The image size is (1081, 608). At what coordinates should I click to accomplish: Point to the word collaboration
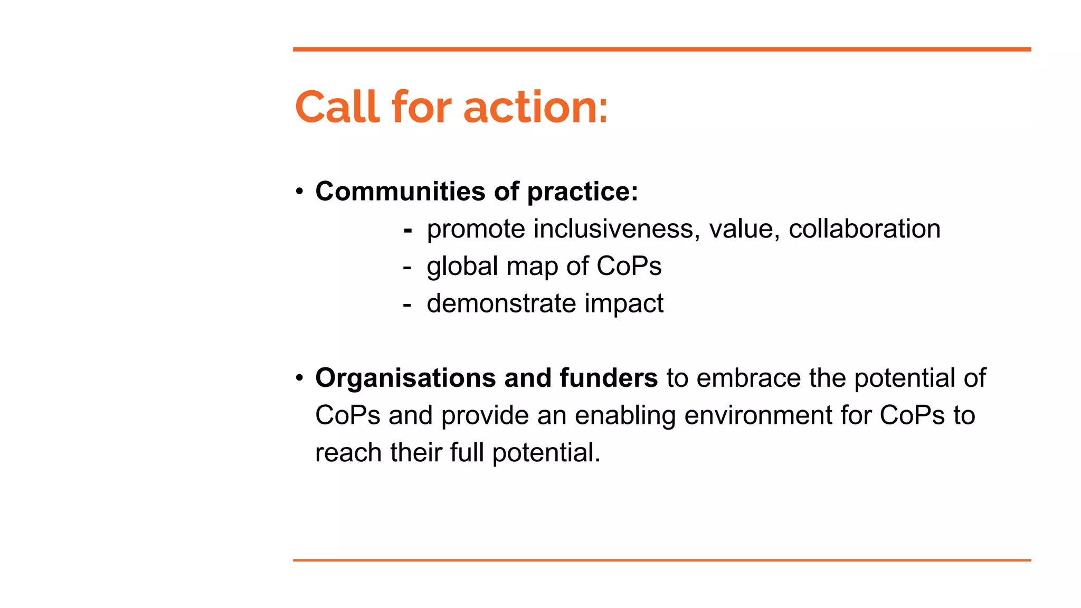[x=864, y=229]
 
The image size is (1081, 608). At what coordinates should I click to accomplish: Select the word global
[x=462, y=267]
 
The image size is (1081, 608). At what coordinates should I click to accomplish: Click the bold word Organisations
[x=405, y=378]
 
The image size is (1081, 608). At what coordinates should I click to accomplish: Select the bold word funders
[x=608, y=378]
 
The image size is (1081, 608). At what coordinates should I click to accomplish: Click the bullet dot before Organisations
[x=299, y=378]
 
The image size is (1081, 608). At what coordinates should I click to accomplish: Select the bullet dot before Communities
[x=299, y=191]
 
